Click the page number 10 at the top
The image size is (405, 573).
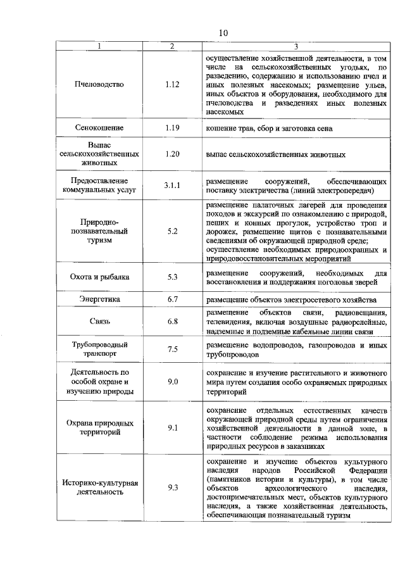[223, 33]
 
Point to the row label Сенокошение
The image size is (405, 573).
[99, 128]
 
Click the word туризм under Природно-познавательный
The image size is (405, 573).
[99, 241]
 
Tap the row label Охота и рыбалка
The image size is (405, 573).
[99, 277]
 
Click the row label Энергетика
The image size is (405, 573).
[99, 299]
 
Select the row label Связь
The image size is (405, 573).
[99, 322]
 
